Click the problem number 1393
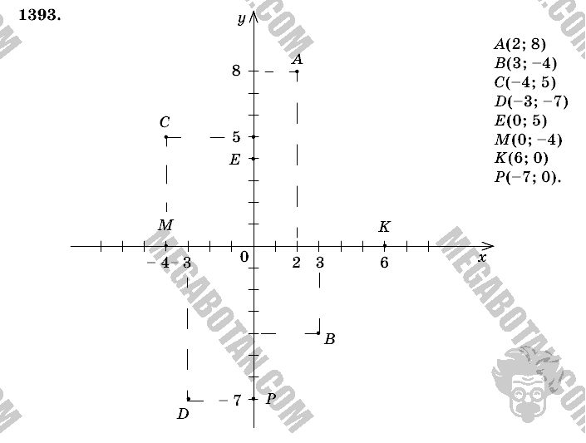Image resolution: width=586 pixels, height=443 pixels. [x=40, y=15]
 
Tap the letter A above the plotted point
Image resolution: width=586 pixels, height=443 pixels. [x=298, y=59]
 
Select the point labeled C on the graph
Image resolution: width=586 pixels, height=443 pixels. [x=166, y=137]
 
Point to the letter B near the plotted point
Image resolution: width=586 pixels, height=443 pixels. [x=330, y=339]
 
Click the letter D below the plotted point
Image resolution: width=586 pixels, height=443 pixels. [x=183, y=414]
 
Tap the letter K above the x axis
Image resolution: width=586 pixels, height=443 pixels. [x=385, y=227]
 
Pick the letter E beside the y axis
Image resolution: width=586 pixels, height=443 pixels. [x=234, y=160]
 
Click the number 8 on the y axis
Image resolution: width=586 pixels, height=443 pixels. [x=236, y=71]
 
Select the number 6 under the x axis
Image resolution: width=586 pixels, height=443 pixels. [x=384, y=263]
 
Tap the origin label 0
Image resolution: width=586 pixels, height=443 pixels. [x=244, y=257]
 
